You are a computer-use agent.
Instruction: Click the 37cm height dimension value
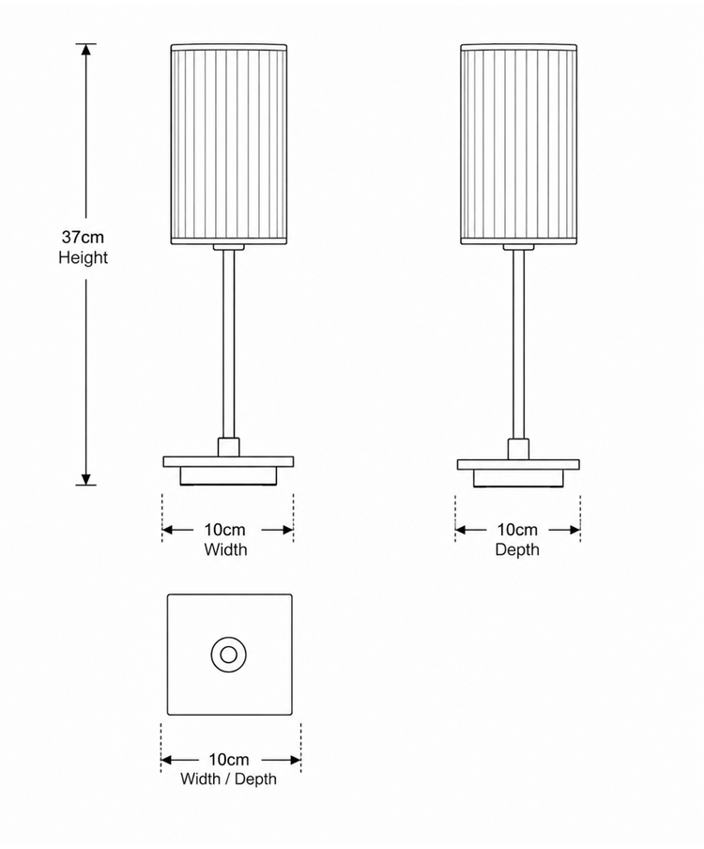tap(83, 238)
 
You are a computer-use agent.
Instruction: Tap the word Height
tap(83, 257)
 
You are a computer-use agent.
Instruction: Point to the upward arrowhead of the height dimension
tap(85, 49)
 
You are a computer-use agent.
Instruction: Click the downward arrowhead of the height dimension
tap(85, 479)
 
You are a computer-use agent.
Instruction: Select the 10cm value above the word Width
tap(224, 530)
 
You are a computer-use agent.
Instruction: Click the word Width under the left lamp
tap(225, 549)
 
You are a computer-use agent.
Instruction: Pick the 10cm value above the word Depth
tap(517, 530)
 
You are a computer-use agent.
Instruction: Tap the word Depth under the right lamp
tap(517, 549)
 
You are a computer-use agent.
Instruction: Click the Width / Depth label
tap(228, 779)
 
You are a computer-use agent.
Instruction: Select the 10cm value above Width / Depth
tap(229, 759)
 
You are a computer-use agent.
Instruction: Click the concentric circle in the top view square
tap(229, 656)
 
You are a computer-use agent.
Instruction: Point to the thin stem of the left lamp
tap(229, 344)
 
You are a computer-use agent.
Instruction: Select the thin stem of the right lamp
tap(518, 344)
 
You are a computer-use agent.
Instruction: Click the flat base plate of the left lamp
tap(228, 462)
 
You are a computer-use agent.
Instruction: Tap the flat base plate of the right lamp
tap(518, 465)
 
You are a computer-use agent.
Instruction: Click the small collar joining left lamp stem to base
tap(229, 447)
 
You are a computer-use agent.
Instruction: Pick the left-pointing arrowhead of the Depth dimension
tap(461, 530)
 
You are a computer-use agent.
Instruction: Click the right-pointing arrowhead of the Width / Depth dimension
tap(295, 760)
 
